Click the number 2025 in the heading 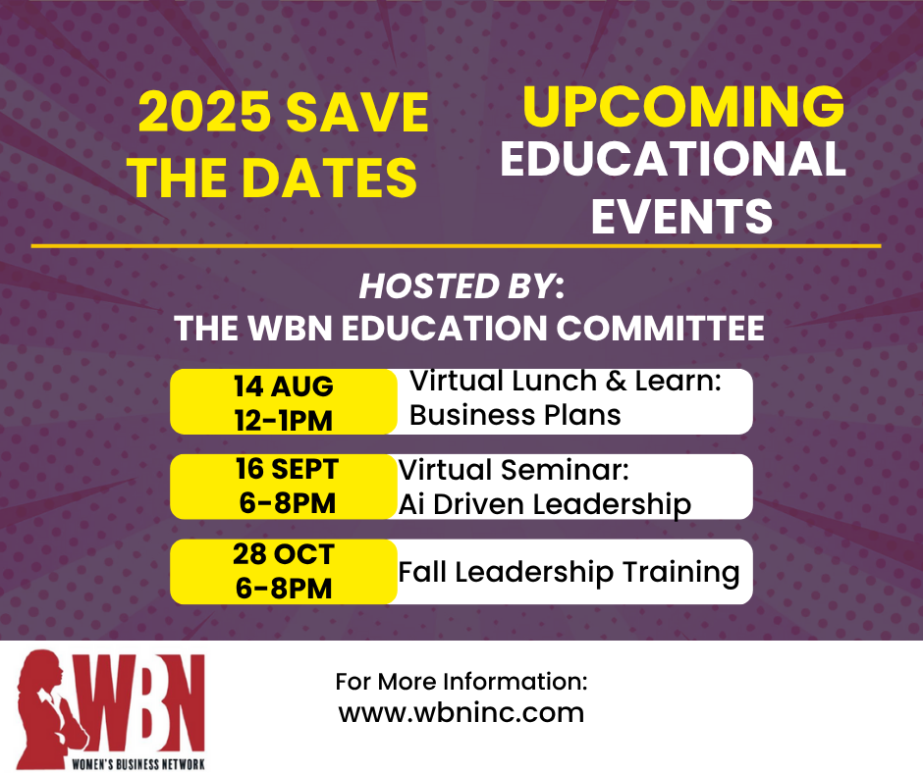[204, 112]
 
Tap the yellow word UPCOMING [683, 107]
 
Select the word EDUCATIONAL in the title [673, 159]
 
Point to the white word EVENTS [681, 217]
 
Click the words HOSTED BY [458, 286]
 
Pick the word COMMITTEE [660, 328]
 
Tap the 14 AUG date [284, 386]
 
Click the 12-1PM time [284, 421]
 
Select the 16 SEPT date [287, 469]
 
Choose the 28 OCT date [284, 554]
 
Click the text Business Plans [516, 415]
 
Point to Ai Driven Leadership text [545, 505]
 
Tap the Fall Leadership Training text [569, 573]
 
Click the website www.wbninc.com [461, 712]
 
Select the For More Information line [461, 681]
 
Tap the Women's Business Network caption [138, 764]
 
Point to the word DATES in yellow [329, 178]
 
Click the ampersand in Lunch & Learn [615, 381]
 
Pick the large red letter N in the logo [183, 703]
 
